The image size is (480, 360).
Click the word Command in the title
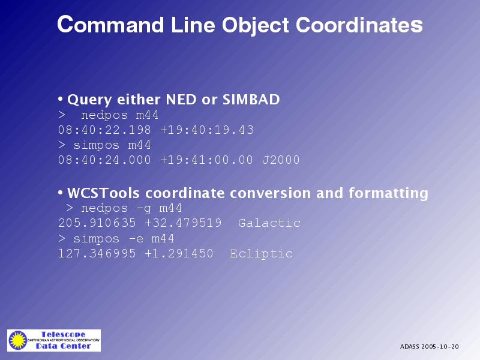point(110,25)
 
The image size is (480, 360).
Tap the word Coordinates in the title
point(359,25)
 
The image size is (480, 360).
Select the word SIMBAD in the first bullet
point(251,100)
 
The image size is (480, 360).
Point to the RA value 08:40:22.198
point(104,130)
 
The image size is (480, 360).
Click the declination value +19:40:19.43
point(207,130)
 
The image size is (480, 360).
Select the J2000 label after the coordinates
point(281,160)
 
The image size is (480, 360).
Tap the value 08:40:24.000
point(104,160)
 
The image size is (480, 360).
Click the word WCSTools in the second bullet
point(103,193)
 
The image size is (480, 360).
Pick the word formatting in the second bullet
point(388,193)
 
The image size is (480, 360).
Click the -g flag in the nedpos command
point(143,208)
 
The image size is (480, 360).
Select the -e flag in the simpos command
point(136,239)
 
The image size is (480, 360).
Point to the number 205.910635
point(97,223)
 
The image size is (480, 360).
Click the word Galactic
point(269,223)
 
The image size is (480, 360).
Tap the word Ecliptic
point(262,253)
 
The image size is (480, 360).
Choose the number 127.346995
point(97,253)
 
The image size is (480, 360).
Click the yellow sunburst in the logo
point(18,340)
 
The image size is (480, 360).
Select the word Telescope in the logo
point(64,334)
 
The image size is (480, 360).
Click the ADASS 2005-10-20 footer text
point(429,347)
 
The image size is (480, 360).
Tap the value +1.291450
point(179,253)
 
